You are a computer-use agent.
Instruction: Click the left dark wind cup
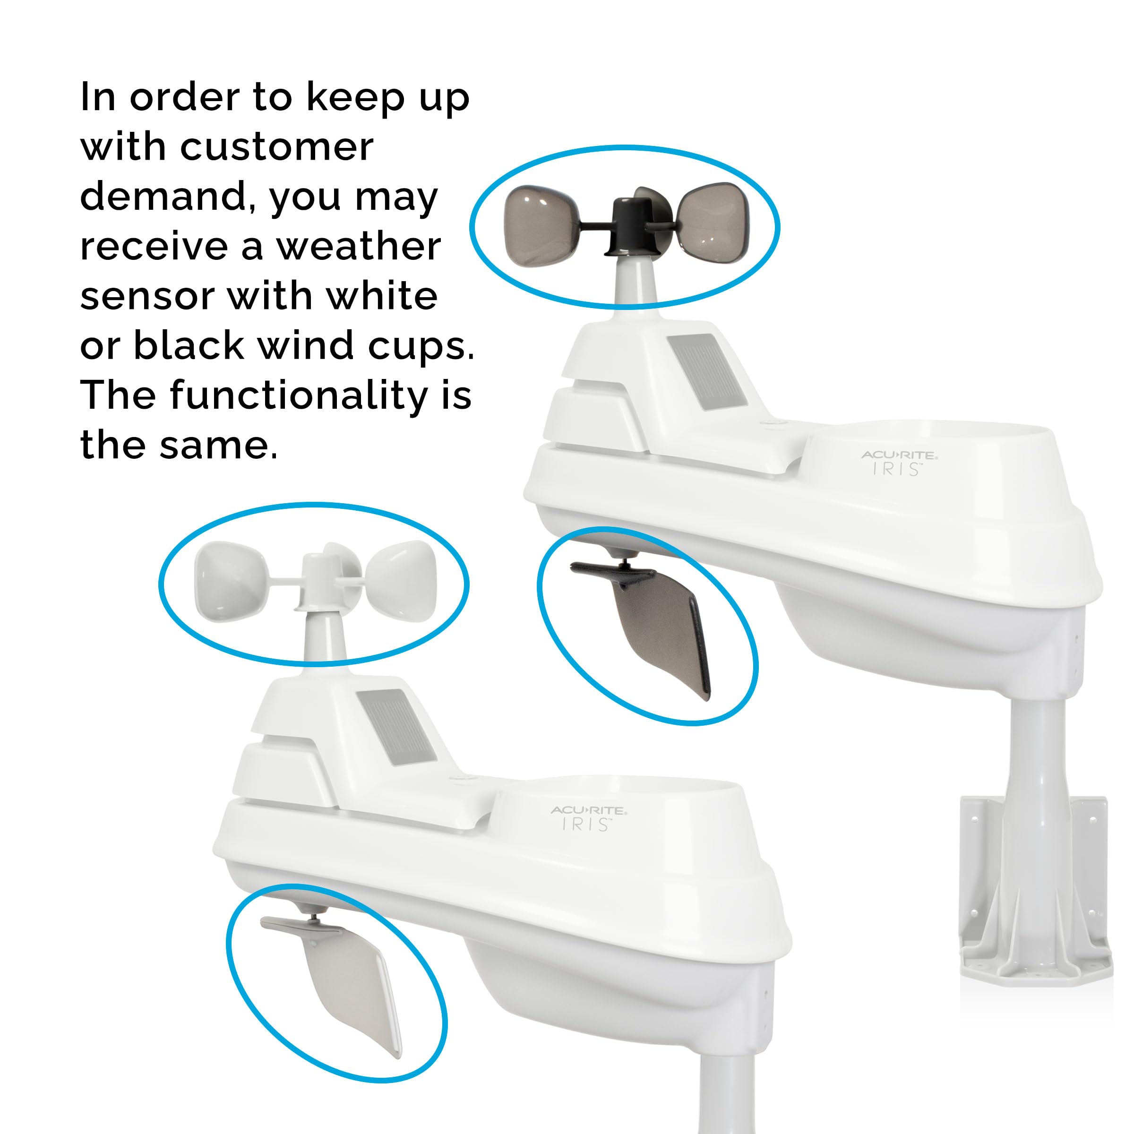(x=539, y=226)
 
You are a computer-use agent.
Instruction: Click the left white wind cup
(x=230, y=581)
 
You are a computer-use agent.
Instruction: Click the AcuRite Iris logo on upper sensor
(x=899, y=463)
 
